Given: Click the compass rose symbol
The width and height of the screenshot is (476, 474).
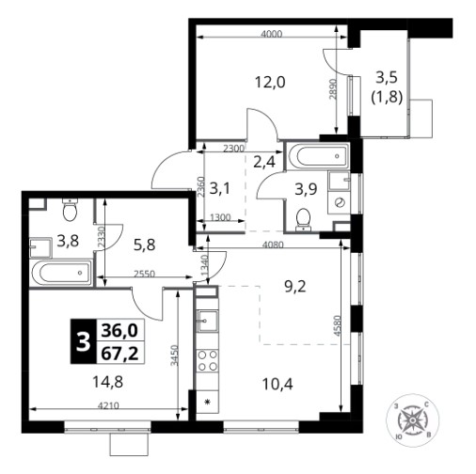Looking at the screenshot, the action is point(413,420).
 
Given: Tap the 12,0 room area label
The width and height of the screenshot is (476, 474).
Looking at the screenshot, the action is point(270,83).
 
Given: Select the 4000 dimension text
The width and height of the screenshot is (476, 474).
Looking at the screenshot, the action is point(272,34).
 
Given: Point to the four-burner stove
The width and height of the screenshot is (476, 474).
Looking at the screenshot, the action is point(208,360).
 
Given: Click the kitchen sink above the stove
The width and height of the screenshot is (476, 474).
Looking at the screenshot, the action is point(207,321).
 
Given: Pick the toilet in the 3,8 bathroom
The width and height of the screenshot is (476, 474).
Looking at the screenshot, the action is point(70,210).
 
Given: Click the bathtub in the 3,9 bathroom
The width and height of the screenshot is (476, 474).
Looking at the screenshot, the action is point(318,156).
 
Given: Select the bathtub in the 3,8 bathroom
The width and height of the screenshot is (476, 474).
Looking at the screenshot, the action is point(62,273).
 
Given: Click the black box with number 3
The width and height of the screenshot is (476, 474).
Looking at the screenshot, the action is point(83,341).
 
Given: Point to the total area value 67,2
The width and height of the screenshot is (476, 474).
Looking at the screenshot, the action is point(119,353).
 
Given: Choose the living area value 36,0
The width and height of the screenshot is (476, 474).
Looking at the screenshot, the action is point(119,330).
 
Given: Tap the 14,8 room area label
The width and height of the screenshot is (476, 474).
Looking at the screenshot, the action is point(107,382).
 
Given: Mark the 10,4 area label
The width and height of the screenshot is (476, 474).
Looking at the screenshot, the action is point(278,384).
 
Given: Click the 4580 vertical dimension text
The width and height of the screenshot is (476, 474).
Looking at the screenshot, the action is point(337,326).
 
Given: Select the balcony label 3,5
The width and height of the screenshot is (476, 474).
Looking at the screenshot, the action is point(387,77).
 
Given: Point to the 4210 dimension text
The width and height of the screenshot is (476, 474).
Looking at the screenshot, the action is point(108,405).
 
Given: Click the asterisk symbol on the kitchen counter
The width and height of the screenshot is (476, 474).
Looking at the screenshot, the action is point(207,402).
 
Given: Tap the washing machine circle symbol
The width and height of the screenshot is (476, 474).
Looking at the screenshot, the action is point(340,202).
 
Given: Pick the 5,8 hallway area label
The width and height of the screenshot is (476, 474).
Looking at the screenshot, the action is point(145,245).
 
